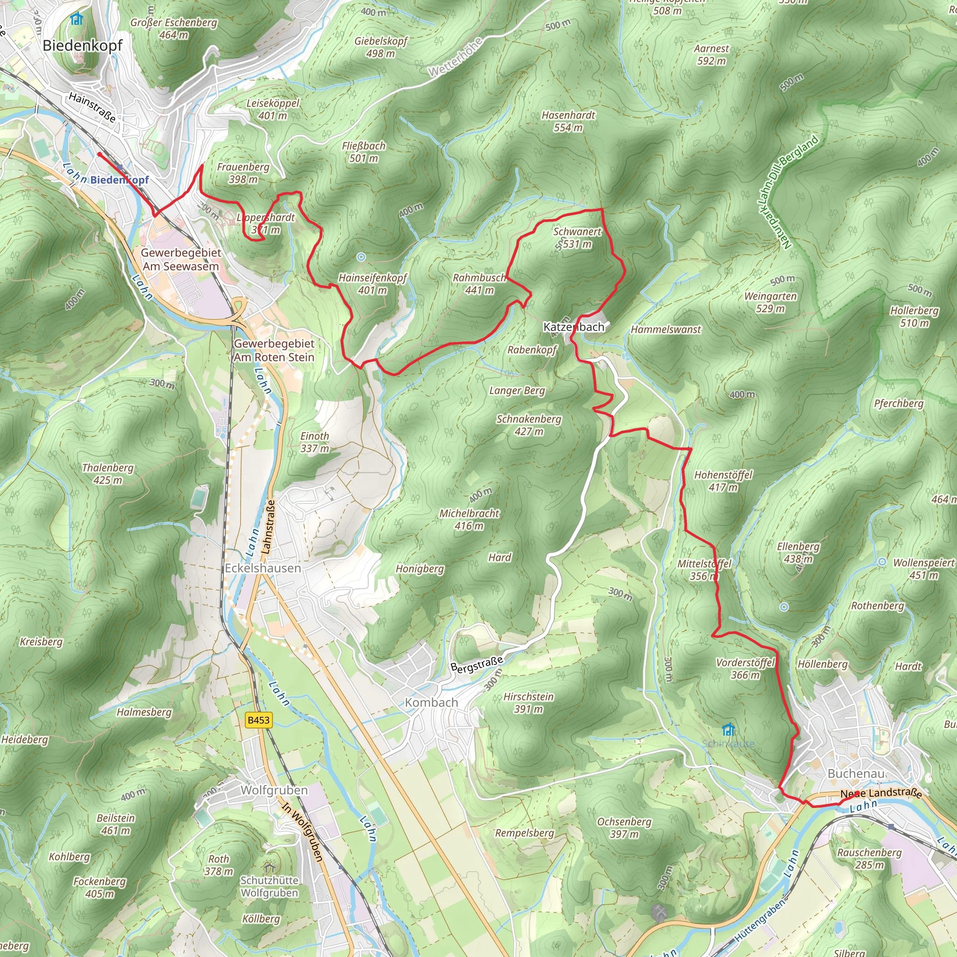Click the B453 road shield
coord(258,720)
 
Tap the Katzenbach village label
coord(574,327)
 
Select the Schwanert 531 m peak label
coord(577,238)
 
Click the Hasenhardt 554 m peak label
coord(568,121)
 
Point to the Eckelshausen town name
coord(263,568)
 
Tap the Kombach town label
coord(431,702)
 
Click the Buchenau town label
coord(856,773)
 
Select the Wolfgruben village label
coord(274,790)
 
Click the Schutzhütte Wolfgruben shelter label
coord(270,886)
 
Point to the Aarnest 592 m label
coord(711,55)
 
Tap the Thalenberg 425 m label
coord(107,473)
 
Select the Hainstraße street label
coord(92,107)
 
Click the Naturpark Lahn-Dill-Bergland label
coord(787,191)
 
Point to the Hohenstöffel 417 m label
coord(723,481)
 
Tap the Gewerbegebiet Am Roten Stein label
coord(274,350)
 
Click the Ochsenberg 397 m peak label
coord(624,828)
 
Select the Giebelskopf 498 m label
coord(380,47)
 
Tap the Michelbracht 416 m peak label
coord(469,520)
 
